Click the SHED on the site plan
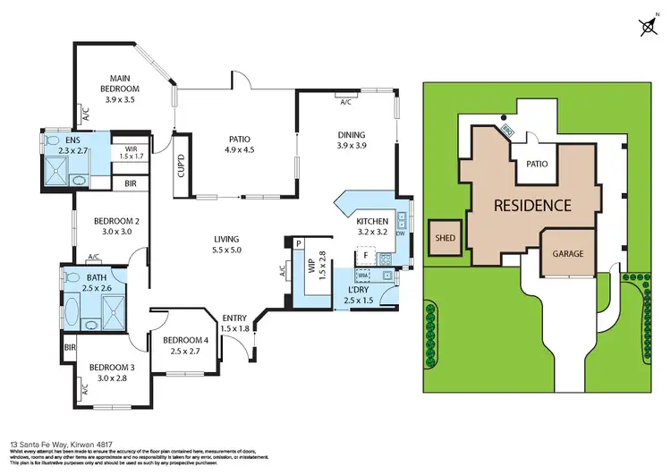pyautogui.click(x=445, y=238)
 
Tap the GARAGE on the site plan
pyautogui.click(x=567, y=253)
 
